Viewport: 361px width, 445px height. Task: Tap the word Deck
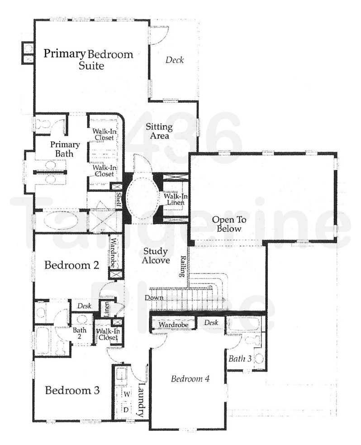click(174, 60)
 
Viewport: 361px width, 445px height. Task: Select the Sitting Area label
click(157, 131)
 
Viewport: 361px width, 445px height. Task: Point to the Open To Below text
click(229, 224)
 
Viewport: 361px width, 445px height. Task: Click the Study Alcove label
click(156, 256)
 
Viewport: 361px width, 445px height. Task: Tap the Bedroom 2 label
click(71, 265)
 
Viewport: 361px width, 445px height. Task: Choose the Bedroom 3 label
click(72, 390)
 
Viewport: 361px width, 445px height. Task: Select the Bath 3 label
click(240, 359)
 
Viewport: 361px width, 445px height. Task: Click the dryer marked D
click(126, 409)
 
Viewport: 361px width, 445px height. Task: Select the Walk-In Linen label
click(174, 199)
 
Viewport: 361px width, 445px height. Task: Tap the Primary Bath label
click(65, 149)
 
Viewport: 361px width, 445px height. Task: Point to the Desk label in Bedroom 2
click(84, 306)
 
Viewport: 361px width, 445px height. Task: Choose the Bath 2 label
click(80, 333)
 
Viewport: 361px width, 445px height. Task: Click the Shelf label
click(118, 199)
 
